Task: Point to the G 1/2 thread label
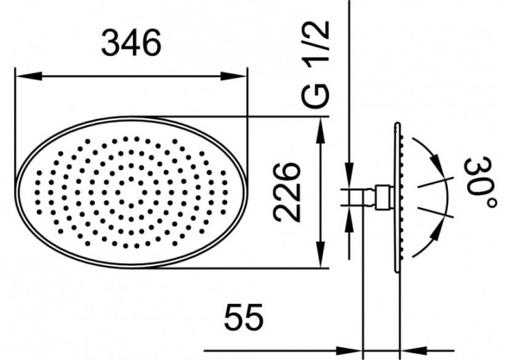[x=319, y=63]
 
